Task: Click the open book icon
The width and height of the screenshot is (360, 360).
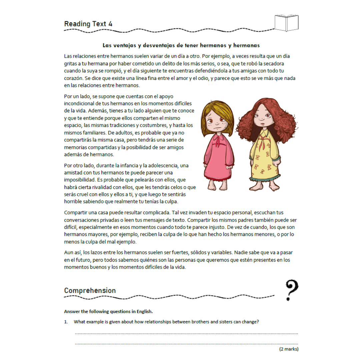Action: [286, 23]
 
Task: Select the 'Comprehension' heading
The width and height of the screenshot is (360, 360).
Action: [90, 290]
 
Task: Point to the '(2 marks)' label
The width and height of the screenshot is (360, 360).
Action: [289, 349]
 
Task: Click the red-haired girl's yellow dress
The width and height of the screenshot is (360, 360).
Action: [263, 157]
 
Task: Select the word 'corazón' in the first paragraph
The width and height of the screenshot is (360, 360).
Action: [73, 78]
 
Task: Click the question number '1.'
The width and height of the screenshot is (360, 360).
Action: [66, 322]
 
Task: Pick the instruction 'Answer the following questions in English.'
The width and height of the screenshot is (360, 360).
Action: [108, 312]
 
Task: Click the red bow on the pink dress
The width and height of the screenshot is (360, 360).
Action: [218, 140]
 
